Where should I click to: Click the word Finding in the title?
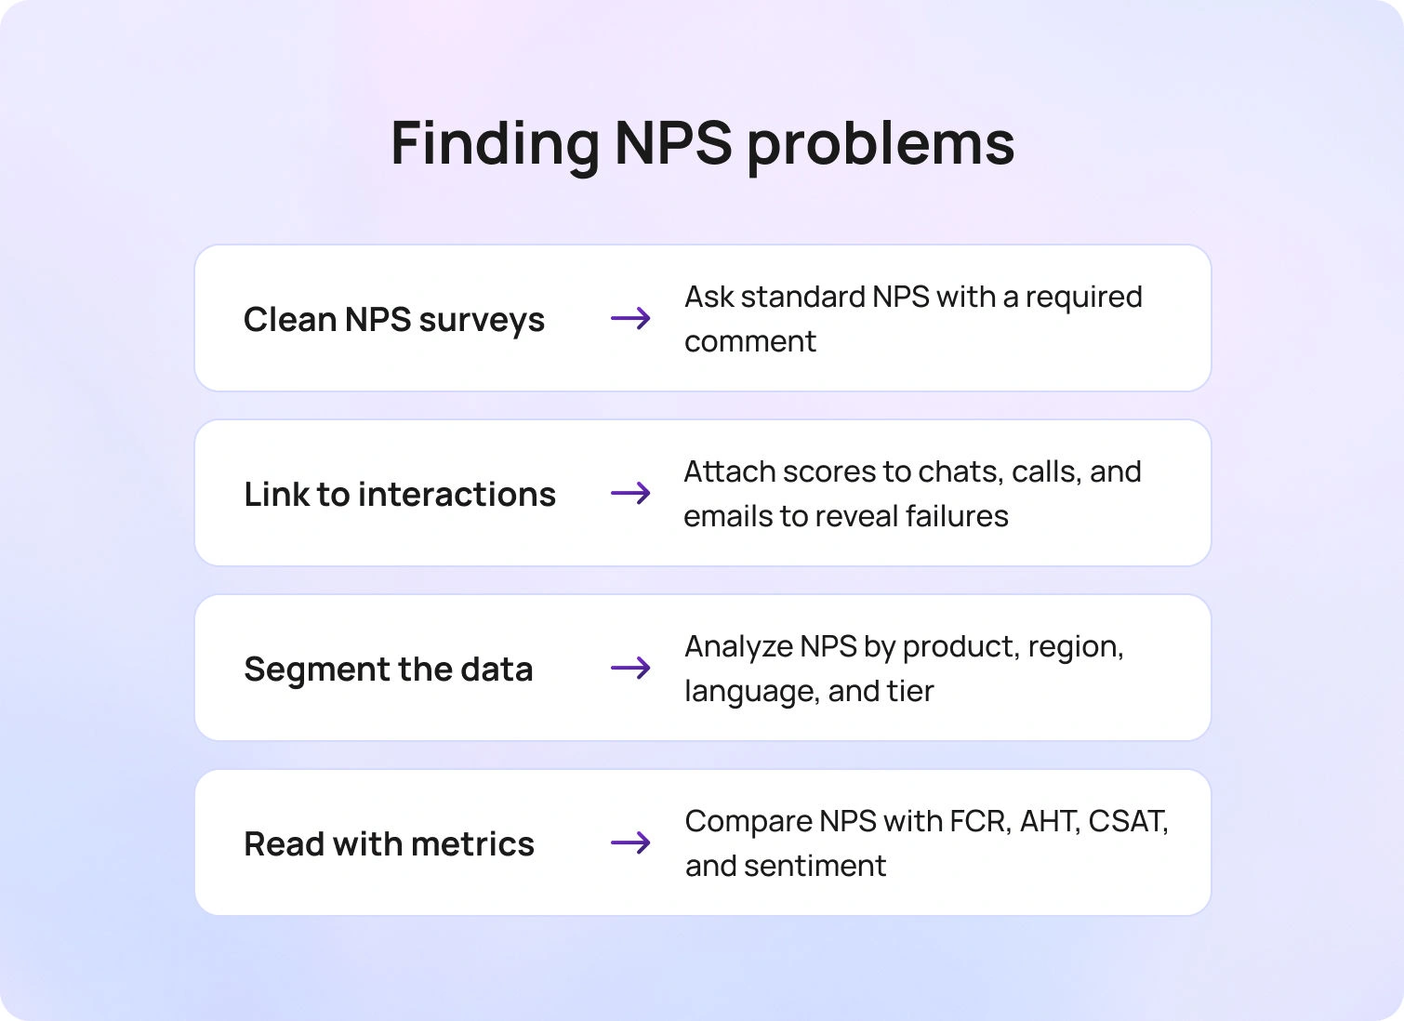(x=495, y=144)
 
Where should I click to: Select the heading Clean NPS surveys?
(x=394, y=320)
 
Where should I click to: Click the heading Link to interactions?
(x=400, y=495)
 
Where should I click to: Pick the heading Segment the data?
(x=389, y=670)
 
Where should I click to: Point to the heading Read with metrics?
(x=389, y=844)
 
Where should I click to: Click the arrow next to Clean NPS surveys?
(x=630, y=319)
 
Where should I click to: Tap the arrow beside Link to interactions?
(x=630, y=494)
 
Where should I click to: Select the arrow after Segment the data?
(x=630, y=669)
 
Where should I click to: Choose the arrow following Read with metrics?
(x=630, y=843)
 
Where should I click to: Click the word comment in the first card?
(x=750, y=342)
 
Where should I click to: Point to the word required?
(x=1083, y=298)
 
